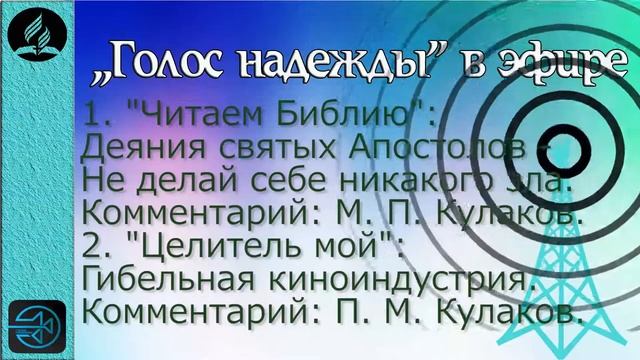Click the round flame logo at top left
[37, 38]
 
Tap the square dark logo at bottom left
[37, 326]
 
